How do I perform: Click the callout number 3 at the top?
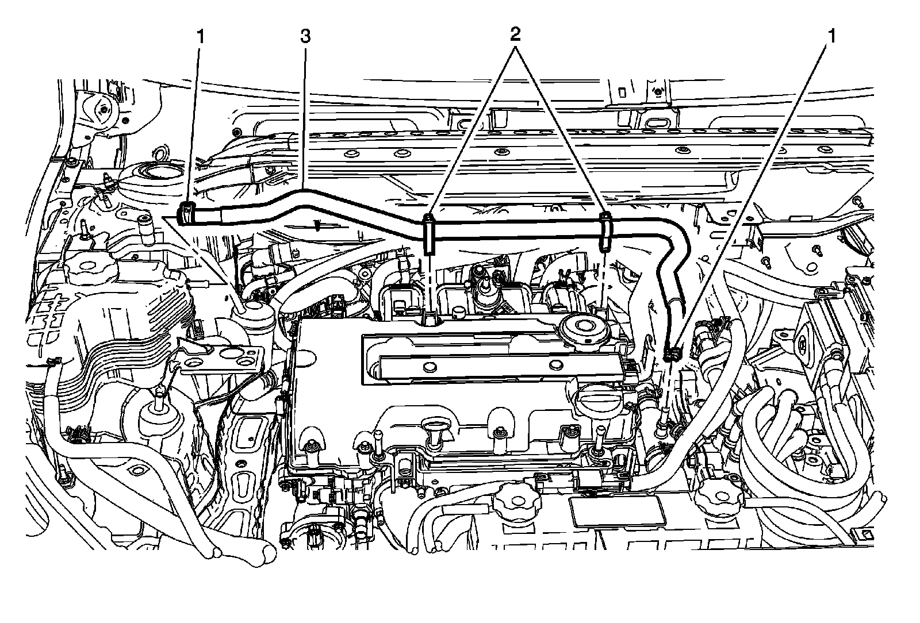[305, 37]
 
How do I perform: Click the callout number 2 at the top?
[515, 34]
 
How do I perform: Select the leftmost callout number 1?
[201, 37]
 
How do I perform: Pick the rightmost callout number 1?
[831, 37]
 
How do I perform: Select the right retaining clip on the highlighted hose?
[605, 232]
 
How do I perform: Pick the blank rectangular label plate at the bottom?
[618, 511]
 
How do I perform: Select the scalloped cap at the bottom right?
[716, 499]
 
